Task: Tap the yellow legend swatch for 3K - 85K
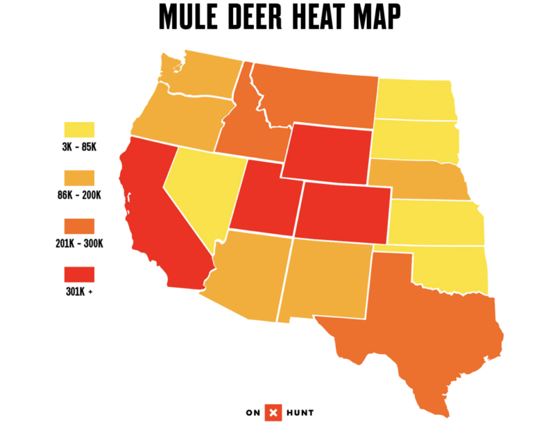coord(79,130)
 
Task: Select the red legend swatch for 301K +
coord(79,274)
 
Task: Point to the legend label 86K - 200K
coord(79,196)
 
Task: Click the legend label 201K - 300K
coord(79,244)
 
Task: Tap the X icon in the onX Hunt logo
coord(277,413)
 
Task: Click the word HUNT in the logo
coord(305,413)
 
